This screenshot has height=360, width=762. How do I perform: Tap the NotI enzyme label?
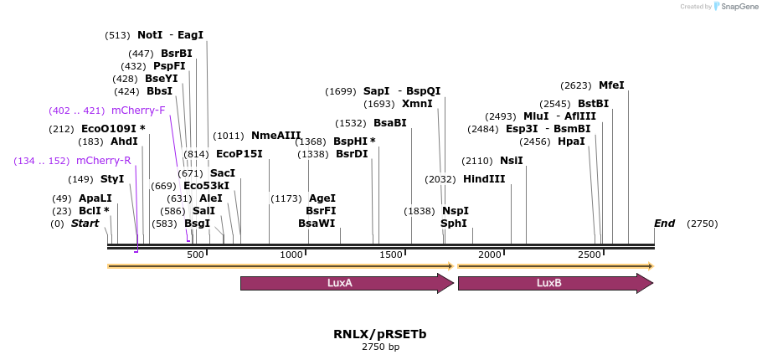pyautogui.click(x=150, y=35)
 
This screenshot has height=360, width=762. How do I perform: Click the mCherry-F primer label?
pyautogui.click(x=138, y=111)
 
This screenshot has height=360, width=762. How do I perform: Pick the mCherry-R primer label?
pyautogui.click(x=103, y=161)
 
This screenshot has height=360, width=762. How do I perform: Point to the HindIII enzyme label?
pyautogui.click(x=484, y=179)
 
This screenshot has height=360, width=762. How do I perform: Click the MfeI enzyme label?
pyautogui.click(x=611, y=85)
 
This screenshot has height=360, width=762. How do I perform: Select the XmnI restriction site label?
pyautogui.click(x=417, y=104)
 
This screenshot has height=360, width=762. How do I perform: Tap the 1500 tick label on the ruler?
pyautogui.click(x=391, y=255)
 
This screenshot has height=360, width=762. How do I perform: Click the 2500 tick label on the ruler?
pyautogui.click(x=590, y=255)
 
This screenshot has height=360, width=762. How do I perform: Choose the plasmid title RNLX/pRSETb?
pyautogui.click(x=379, y=334)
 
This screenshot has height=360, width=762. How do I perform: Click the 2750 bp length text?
pyautogui.click(x=380, y=347)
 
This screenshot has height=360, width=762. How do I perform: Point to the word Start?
pyautogui.click(x=85, y=224)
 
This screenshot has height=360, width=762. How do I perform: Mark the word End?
pyautogui.click(x=664, y=224)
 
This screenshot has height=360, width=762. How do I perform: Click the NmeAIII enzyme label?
pyautogui.click(x=275, y=136)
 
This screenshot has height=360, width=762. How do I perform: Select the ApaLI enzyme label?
pyautogui.click(x=95, y=198)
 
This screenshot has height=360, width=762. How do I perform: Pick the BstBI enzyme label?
pyautogui.click(x=594, y=104)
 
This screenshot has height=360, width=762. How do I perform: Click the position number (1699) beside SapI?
pyautogui.click(x=341, y=91)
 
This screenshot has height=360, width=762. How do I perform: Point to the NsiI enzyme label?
pyautogui.click(x=511, y=161)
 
